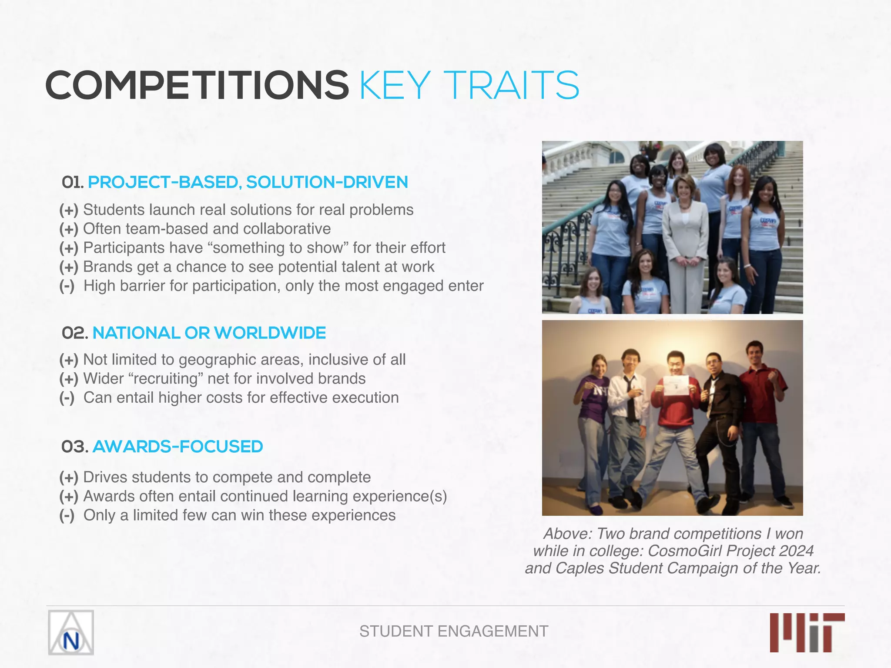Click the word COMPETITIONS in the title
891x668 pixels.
point(197,85)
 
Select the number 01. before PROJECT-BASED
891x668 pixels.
point(72,183)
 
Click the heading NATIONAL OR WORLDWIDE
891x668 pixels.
point(209,333)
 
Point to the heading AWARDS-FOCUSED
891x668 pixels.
point(178,447)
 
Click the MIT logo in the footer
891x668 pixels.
point(807,632)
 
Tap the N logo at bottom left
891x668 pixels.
point(71,632)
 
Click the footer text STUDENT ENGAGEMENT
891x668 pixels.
point(453,631)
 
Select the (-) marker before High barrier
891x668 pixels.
point(67,286)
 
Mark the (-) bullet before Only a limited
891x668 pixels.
point(67,515)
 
